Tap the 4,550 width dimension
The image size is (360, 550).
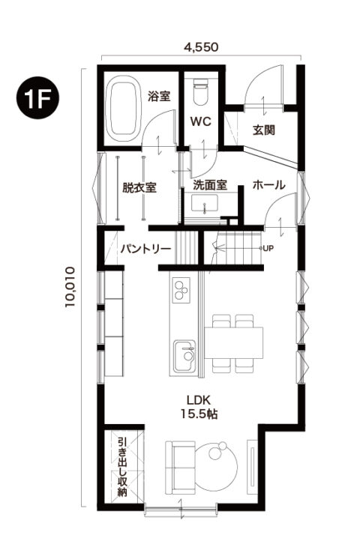200,46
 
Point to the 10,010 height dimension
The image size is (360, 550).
70,285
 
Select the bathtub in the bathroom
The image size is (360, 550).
121,109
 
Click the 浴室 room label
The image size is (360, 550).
159,96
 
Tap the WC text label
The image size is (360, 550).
199,121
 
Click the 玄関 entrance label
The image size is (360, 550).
262,130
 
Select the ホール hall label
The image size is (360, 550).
268,184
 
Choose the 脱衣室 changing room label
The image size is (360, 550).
139,187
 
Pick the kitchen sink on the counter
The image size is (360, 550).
184,355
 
